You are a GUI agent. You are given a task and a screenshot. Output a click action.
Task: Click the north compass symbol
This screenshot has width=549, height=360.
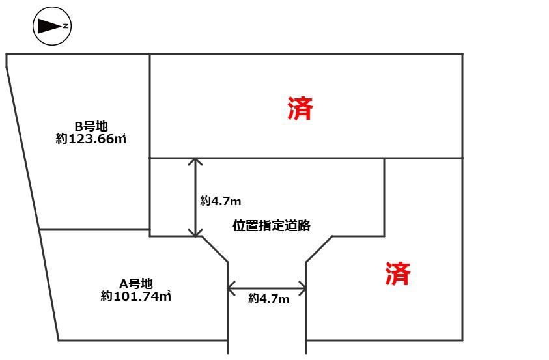tap(52, 26)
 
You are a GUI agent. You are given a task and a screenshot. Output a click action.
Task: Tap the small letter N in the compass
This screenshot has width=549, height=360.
tap(66, 26)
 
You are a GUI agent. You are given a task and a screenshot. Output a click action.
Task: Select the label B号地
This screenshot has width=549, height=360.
tap(91, 126)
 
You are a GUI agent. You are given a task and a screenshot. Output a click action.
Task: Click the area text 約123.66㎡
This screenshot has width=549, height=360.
tap(91, 139)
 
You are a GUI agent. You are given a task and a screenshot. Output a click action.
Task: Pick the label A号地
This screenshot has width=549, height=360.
tap(136, 283)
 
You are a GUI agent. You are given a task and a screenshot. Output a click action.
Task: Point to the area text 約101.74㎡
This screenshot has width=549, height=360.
tap(136, 296)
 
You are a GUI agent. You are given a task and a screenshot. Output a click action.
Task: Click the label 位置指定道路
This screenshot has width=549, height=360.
tap(272, 226)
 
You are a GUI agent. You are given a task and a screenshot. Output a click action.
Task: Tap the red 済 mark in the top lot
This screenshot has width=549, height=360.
tap(300, 108)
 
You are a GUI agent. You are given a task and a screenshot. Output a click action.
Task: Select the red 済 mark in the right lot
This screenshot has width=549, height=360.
tap(398, 273)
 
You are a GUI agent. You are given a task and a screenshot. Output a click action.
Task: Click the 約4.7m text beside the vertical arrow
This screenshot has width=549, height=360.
tap(221, 201)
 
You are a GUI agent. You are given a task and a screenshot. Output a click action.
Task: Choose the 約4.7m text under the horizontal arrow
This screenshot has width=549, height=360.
tap(269, 298)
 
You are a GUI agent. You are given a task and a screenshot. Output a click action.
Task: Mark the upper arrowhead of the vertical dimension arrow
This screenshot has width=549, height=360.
tap(195, 161)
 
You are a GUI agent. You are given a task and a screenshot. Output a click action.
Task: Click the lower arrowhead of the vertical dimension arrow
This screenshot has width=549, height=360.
tap(195, 233)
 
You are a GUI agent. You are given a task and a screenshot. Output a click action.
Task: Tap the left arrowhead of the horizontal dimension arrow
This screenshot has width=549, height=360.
tap(231, 288)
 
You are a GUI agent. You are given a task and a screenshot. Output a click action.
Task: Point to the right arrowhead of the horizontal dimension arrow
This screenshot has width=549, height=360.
tap(303, 288)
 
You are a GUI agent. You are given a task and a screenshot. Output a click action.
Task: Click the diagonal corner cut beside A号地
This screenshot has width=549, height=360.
tap(215, 249)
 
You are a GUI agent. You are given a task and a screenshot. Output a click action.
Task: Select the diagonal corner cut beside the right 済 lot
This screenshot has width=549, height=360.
tap(319, 249)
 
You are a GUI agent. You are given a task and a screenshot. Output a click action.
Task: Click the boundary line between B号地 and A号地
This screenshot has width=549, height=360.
tap(94, 230)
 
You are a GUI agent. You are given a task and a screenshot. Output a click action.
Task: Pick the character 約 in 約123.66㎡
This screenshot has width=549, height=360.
tap(61, 139)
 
